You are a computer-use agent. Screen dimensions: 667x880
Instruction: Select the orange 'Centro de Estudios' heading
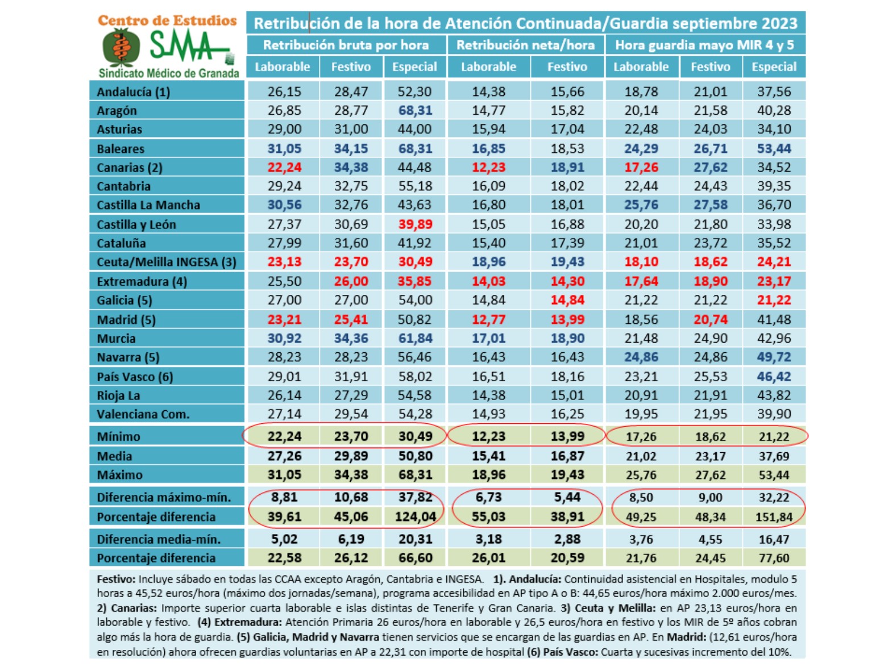(x=167, y=20)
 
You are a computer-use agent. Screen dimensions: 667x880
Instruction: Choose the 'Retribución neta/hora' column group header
(x=525, y=45)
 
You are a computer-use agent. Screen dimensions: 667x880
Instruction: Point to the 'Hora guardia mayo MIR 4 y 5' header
(x=705, y=45)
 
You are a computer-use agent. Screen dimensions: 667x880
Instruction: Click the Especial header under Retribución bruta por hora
(x=414, y=66)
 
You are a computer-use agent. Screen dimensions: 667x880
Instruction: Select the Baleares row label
(x=121, y=149)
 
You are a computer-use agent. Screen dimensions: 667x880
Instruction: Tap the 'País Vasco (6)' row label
(x=135, y=377)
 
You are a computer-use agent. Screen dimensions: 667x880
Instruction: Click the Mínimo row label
(x=118, y=436)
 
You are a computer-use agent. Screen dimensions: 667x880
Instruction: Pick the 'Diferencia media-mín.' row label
(x=159, y=539)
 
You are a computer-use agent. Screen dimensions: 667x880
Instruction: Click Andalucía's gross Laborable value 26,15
(x=284, y=91)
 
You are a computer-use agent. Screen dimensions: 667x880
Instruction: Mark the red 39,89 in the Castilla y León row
(x=415, y=224)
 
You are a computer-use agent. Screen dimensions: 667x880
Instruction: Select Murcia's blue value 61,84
(x=415, y=339)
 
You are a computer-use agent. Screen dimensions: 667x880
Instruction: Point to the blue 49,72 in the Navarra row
(x=774, y=357)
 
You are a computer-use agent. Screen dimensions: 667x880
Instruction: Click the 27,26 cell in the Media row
(x=284, y=456)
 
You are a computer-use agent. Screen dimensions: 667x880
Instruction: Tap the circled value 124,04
(x=415, y=517)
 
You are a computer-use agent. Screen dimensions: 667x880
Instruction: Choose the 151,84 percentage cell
(x=774, y=517)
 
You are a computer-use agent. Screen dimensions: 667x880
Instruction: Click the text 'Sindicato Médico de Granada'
(x=169, y=73)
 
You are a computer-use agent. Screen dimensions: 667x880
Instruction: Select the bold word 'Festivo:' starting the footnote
(x=116, y=580)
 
